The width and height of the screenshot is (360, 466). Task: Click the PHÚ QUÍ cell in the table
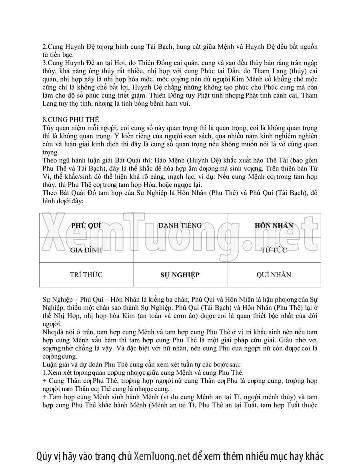(86, 226)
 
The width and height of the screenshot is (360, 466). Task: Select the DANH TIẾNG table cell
(180, 226)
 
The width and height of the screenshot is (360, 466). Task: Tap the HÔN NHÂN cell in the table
(274, 226)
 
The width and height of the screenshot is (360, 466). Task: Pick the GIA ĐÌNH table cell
(86, 250)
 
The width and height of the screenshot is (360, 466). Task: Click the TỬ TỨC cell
(274, 250)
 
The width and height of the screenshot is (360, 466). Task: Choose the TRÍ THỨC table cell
(86, 275)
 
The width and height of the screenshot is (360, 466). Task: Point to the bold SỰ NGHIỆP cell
(180, 275)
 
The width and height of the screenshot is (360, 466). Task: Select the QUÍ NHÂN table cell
(274, 275)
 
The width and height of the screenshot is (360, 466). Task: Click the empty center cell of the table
(180, 250)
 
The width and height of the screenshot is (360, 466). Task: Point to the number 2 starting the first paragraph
(44, 47)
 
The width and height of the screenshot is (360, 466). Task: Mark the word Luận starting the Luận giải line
(50, 364)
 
